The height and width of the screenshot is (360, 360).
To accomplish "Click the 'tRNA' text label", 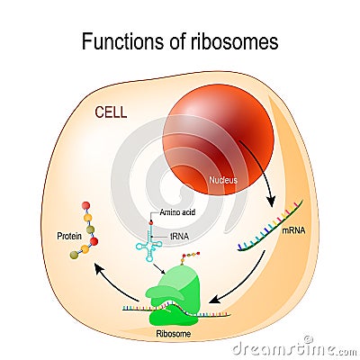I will point(170,235).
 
